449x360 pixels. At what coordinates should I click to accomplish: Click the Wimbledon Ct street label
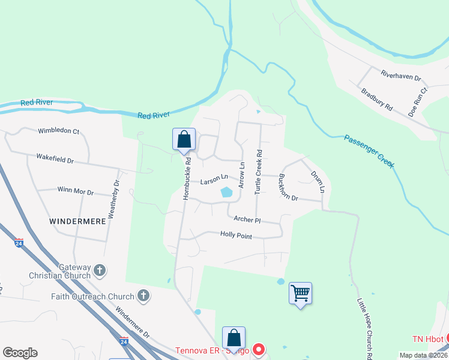59,130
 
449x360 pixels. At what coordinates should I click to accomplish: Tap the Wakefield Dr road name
55,160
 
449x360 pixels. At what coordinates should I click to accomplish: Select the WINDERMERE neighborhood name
77,221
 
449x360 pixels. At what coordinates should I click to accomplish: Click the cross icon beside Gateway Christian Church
100,271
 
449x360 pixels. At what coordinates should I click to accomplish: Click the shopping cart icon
300,293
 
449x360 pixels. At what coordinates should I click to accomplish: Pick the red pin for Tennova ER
259,349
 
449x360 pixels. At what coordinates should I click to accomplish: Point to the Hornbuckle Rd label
187,178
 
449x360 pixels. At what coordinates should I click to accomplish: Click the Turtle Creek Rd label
258,172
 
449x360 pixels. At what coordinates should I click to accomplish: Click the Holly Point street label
236,235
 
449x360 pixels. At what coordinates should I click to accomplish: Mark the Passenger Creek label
369,151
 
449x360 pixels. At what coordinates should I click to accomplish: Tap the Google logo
20,353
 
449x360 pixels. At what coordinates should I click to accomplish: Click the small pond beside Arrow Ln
226,193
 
